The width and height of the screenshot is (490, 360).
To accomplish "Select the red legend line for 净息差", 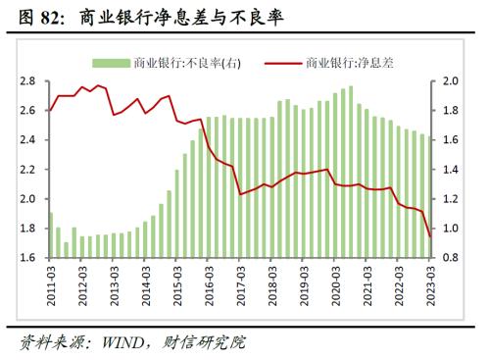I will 284,62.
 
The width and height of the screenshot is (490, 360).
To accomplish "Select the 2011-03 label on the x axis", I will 52,283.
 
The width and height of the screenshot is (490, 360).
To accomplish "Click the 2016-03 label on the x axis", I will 210,283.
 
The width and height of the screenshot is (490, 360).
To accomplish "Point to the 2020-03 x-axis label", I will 336,283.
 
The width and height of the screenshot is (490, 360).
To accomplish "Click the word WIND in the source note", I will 115,343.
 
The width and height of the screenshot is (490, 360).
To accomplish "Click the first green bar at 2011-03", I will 50,234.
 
